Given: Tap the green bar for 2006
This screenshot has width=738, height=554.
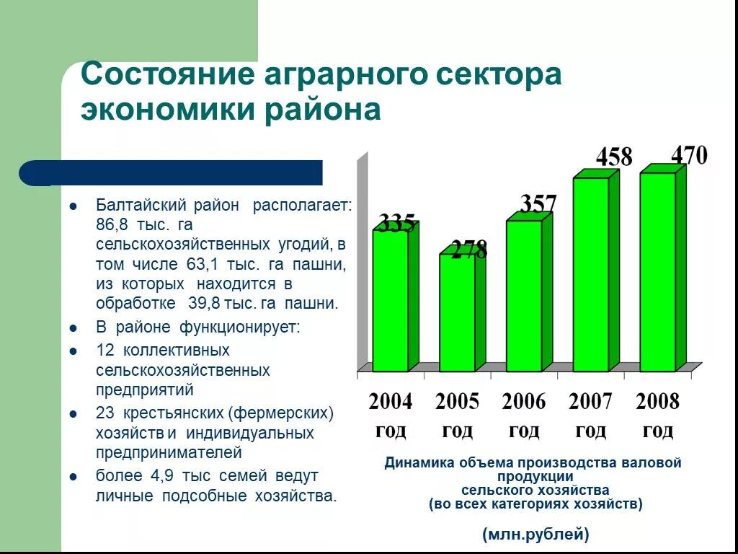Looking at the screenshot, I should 523,295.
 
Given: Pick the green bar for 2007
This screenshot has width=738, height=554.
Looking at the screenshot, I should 591,273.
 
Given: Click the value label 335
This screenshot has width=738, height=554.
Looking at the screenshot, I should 397,224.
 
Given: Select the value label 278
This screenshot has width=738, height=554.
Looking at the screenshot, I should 469,250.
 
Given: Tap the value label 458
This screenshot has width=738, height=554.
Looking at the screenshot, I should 614,157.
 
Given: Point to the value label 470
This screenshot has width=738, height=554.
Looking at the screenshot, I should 689,155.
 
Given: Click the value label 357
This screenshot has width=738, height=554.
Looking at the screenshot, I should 538,204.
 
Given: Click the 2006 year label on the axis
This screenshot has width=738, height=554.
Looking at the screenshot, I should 524,401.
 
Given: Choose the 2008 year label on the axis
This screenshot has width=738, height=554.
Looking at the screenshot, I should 657,401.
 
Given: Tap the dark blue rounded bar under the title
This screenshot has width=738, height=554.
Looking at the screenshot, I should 172,173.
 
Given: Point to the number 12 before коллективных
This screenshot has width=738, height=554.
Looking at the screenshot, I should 105,351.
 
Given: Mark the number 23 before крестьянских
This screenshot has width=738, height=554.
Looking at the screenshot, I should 105,414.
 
